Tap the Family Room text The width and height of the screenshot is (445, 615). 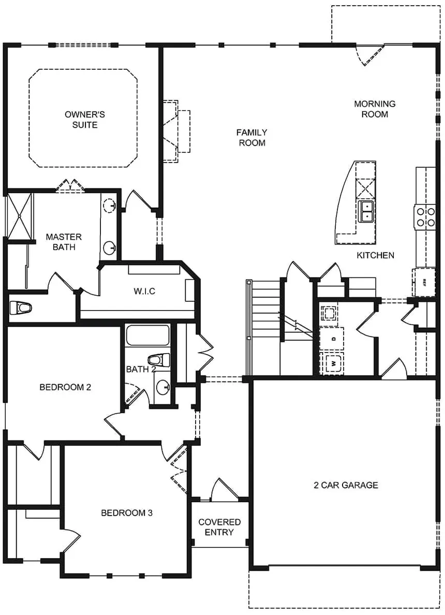[x=252, y=138]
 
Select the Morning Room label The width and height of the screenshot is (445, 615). [x=375, y=109]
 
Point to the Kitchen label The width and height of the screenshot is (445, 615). [x=375, y=255]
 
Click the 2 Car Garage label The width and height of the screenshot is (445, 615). [x=346, y=485]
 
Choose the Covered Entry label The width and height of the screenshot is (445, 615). [x=219, y=527]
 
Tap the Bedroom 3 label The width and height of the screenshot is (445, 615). [x=126, y=513]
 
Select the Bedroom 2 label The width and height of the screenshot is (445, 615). [x=65, y=387]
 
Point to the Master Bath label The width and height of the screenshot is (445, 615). [x=60, y=242]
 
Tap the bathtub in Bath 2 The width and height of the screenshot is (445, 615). [x=148, y=336]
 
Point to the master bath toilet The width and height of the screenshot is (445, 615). [x=21, y=308]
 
